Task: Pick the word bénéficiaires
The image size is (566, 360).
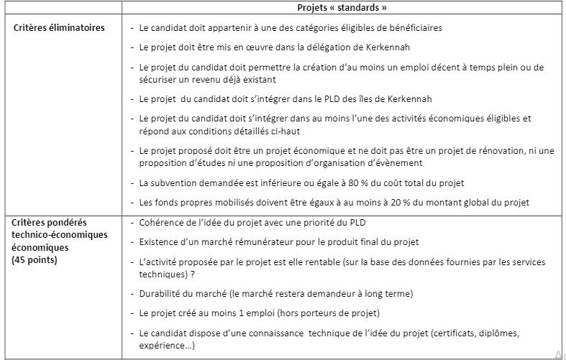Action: click(x=411, y=28)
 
